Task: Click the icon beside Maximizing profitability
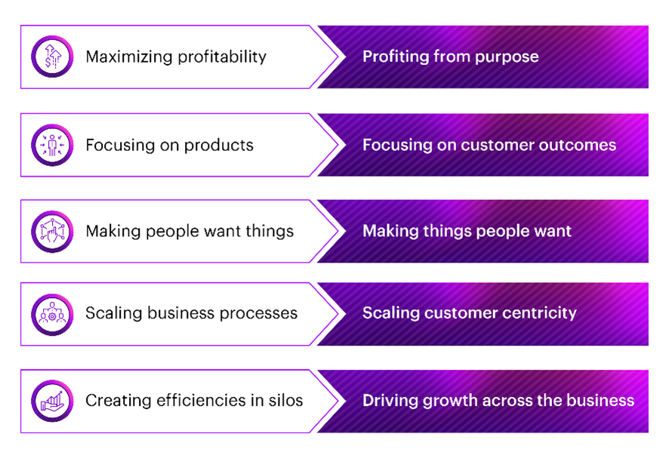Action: click(x=51, y=57)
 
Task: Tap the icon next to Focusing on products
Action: click(x=51, y=145)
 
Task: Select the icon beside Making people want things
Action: click(x=51, y=231)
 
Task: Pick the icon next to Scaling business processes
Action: click(x=51, y=314)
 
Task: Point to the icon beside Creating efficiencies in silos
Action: click(x=51, y=401)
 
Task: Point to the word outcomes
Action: click(x=577, y=145)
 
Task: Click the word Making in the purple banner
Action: click(x=390, y=231)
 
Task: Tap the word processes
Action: click(x=261, y=314)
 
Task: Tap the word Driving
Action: click(x=389, y=401)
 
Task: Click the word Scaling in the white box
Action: click(x=112, y=314)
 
